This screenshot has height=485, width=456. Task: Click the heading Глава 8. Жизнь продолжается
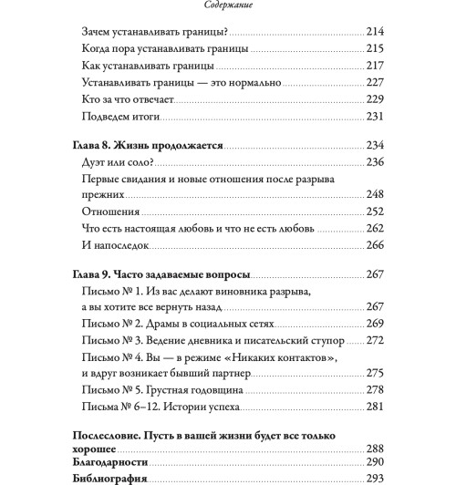click(x=146, y=146)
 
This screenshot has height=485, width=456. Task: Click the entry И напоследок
click(x=119, y=245)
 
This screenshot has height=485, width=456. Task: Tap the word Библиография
click(x=109, y=480)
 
